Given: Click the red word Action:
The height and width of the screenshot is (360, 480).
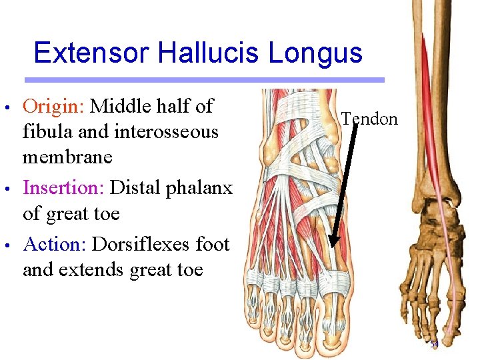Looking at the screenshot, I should click(55, 245).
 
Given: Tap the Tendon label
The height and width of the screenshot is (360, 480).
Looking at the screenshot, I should click(369, 119).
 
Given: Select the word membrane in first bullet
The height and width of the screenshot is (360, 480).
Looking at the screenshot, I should click(67, 158).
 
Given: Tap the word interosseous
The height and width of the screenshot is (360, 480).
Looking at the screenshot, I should click(167, 132).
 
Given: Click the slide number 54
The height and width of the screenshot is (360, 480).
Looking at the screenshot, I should click(434, 345).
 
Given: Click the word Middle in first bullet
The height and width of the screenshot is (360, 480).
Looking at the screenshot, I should click(119, 106).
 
